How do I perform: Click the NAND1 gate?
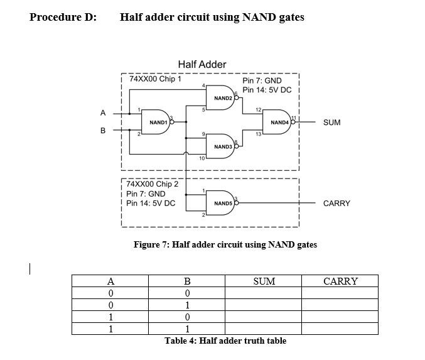158,122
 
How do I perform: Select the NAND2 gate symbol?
223,98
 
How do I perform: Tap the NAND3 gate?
223,146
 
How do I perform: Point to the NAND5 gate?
223,203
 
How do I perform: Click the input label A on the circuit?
103,113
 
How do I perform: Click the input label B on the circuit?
103,131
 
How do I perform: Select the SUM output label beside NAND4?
331,123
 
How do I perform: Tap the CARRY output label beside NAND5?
336,204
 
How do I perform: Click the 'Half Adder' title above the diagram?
202,64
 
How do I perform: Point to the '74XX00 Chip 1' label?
155,80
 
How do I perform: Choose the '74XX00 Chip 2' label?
153,184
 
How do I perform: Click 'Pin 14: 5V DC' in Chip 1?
267,90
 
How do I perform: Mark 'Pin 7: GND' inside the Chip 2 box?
146,194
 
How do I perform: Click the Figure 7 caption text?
225,244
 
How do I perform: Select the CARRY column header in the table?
340,281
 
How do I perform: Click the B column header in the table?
186,281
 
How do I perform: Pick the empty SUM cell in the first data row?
264,293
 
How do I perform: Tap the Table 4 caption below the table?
225,341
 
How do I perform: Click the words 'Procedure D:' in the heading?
63,17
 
